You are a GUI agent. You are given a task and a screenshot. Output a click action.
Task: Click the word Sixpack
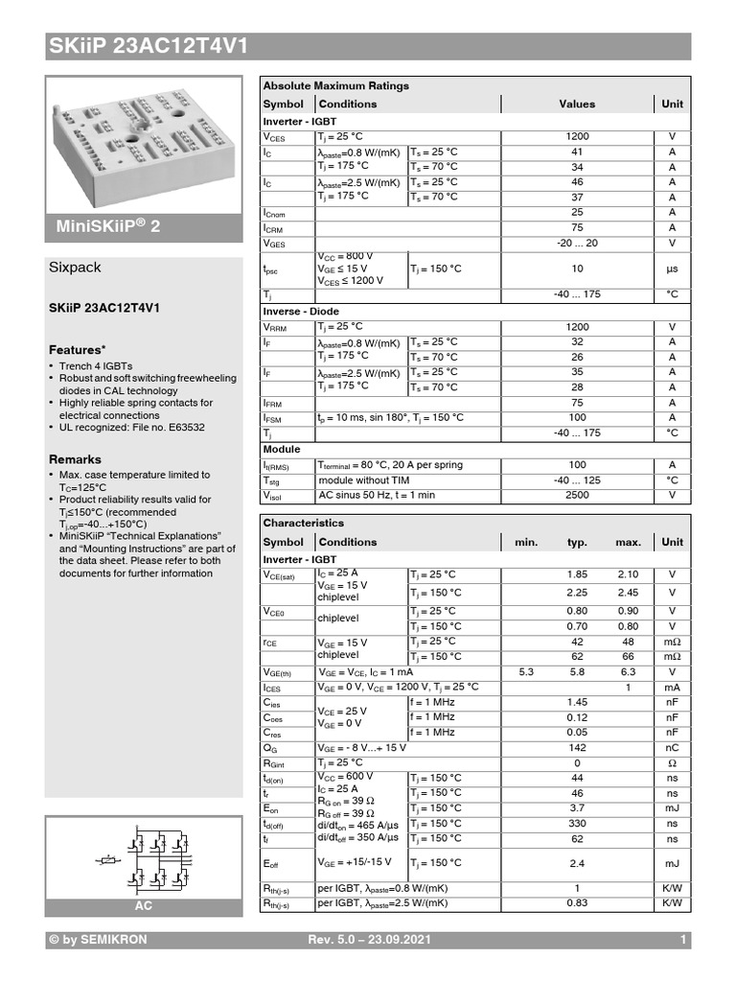click(75, 268)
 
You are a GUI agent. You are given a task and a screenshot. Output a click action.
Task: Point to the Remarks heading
click(75, 459)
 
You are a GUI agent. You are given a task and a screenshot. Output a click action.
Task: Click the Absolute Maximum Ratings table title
click(335, 85)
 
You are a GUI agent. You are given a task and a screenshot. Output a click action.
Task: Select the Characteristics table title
click(303, 524)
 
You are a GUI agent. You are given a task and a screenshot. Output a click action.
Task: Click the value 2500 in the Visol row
click(577, 496)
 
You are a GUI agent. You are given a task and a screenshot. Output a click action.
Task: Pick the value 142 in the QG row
click(577, 747)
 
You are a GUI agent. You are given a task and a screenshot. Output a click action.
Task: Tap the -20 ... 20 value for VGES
click(577, 244)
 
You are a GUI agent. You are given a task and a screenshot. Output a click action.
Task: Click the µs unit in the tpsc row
click(672, 269)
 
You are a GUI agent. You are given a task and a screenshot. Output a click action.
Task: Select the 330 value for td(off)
click(577, 823)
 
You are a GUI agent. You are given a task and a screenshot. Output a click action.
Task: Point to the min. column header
click(526, 542)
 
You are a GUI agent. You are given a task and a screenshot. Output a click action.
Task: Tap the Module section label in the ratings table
click(282, 449)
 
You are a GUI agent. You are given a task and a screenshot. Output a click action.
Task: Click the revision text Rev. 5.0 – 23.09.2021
click(368, 940)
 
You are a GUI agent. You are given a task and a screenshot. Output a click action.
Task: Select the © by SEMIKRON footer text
click(98, 940)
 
